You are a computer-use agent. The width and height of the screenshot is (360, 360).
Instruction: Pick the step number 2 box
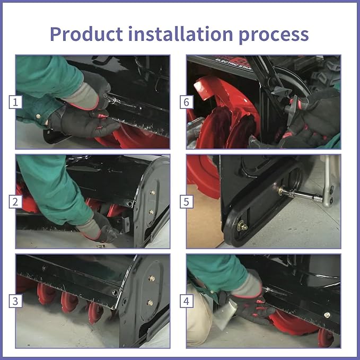(15, 201)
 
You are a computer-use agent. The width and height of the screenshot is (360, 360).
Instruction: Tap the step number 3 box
(15, 301)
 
